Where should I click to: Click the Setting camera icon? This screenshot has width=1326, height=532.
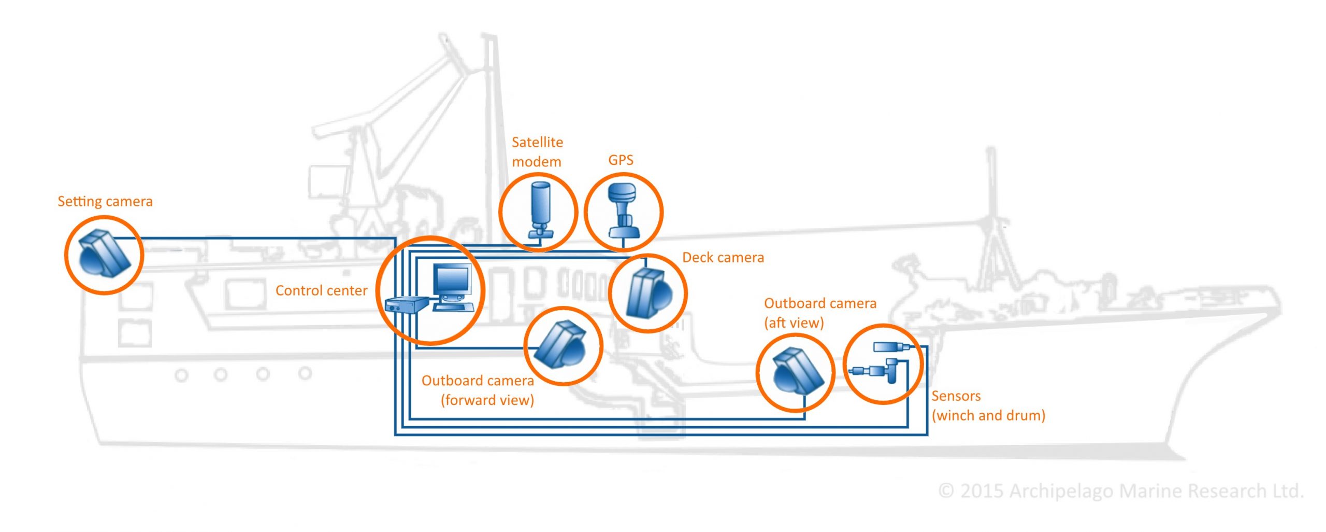coord(104,254)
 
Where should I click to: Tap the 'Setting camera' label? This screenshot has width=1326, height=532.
coord(105,201)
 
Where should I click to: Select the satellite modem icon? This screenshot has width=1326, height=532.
coord(539,210)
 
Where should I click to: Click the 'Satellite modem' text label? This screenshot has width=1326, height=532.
coord(537,151)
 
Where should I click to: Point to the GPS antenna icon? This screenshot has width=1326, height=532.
coord(623,210)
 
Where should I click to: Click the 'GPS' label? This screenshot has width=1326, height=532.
coord(621,160)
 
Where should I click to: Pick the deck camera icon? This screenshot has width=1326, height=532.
coord(648,293)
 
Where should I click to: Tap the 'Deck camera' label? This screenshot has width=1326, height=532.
coord(723,257)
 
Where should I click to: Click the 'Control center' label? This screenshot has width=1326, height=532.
coord(321,290)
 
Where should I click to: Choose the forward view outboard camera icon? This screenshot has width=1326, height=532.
coord(563,345)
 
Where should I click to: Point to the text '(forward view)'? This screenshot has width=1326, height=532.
coord(487,400)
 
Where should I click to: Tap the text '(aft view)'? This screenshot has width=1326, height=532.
coord(794,323)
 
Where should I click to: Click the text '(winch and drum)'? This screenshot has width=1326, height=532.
coord(988,415)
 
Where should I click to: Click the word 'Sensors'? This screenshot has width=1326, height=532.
coord(956,396)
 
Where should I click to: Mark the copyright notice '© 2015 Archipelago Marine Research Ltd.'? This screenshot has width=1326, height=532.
coord(1121,491)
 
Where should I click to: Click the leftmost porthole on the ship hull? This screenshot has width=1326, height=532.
coord(181,374)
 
